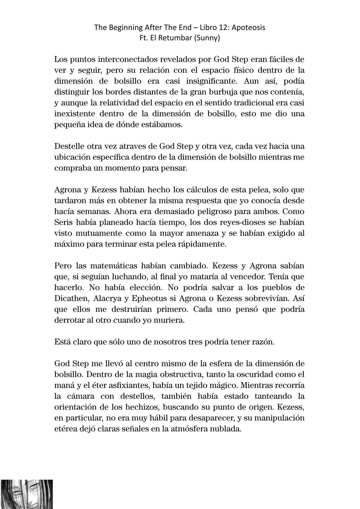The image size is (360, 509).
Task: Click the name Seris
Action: (x=63, y=223)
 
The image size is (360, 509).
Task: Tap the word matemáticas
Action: (x=111, y=266)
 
